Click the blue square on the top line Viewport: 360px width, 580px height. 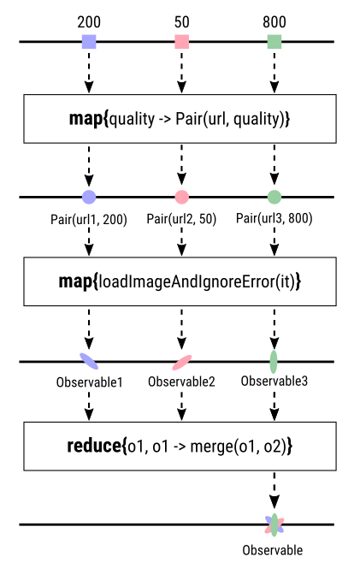pyautogui.click(x=89, y=41)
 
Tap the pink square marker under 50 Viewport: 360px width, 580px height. pyautogui.click(x=181, y=41)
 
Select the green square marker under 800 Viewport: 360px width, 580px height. pyautogui.click(x=274, y=41)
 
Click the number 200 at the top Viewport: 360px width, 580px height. pyautogui.click(x=89, y=19)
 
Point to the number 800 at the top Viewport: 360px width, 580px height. pyautogui.click(x=274, y=19)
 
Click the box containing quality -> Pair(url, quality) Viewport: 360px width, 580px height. pyautogui.click(x=180, y=119)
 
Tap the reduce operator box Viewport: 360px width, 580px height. pyautogui.click(x=180, y=446)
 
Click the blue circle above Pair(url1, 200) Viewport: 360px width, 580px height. pyautogui.click(x=89, y=197)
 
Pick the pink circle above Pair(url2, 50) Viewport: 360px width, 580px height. pyautogui.click(x=181, y=197)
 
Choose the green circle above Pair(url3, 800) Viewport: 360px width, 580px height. pyautogui.click(x=274, y=197)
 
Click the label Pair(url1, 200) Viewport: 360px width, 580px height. pyautogui.click(x=89, y=219)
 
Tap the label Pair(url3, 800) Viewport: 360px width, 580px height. pyautogui.click(x=274, y=218)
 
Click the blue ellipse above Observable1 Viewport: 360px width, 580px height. pyautogui.click(x=89, y=360)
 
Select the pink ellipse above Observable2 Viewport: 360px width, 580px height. pyautogui.click(x=181, y=360)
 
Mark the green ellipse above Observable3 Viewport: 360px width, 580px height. pyautogui.click(x=274, y=360)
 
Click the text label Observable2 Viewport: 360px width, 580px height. pyautogui.click(x=181, y=381)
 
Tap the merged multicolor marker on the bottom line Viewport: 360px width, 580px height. pyautogui.click(x=274, y=524)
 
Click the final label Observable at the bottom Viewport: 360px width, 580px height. pyautogui.click(x=273, y=550)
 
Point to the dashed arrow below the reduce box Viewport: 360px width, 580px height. pyautogui.click(x=274, y=493)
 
